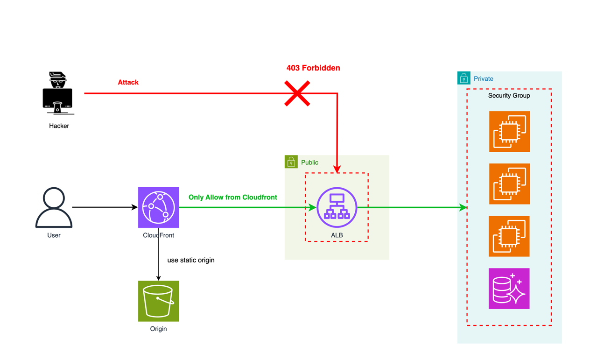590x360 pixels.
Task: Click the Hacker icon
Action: point(58,93)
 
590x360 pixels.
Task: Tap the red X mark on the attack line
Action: point(297,93)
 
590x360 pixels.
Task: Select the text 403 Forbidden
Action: point(313,68)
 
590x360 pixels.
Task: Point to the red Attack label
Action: point(128,83)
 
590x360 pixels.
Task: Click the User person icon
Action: point(54,208)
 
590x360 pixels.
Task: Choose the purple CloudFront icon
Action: point(159,207)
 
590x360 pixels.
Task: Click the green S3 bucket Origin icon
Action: point(159,301)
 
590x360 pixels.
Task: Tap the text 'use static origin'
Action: point(191,260)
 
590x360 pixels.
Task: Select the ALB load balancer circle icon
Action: point(337,207)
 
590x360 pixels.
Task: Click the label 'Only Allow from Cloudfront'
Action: point(232,198)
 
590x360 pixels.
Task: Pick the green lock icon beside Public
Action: point(291,162)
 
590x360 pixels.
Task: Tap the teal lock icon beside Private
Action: point(464,78)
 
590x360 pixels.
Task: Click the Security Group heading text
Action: point(509,96)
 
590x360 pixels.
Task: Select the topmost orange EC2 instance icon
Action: point(510,132)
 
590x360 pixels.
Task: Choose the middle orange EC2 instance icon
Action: point(510,184)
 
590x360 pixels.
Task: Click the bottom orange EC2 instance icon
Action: point(509,236)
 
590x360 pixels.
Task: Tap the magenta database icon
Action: point(509,289)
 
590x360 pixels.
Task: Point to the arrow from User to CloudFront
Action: point(105,207)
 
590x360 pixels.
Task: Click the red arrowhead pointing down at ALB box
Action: point(337,169)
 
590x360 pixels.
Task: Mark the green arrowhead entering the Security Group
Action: point(463,208)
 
